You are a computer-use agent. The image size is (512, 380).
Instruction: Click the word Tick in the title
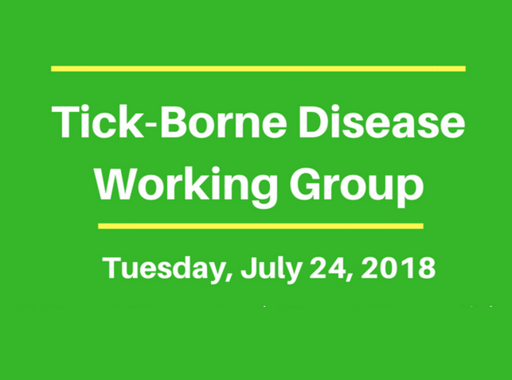(x=98, y=122)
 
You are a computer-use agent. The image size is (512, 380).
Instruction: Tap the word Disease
(x=381, y=122)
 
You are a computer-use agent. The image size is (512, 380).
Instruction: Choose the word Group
(x=357, y=184)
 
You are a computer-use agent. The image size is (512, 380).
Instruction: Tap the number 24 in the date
(x=326, y=268)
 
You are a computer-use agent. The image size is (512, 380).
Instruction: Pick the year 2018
(x=398, y=268)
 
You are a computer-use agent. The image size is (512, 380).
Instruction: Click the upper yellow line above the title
(x=258, y=68)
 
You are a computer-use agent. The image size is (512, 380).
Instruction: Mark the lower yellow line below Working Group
(x=260, y=227)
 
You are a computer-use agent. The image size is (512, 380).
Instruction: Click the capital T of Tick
(x=64, y=122)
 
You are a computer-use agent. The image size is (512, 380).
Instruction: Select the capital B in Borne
(x=174, y=122)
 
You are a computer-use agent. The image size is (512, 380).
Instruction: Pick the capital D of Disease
(x=313, y=122)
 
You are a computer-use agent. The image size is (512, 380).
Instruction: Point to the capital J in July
(x=249, y=268)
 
